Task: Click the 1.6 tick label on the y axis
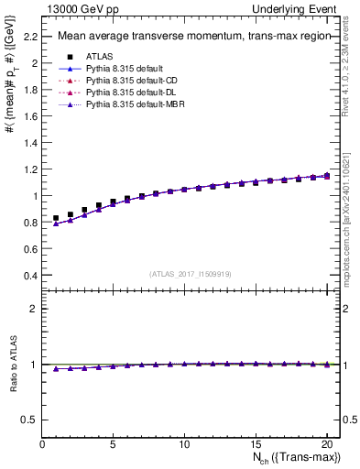[x=31, y=116]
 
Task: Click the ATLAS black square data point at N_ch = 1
[x=57, y=219]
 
